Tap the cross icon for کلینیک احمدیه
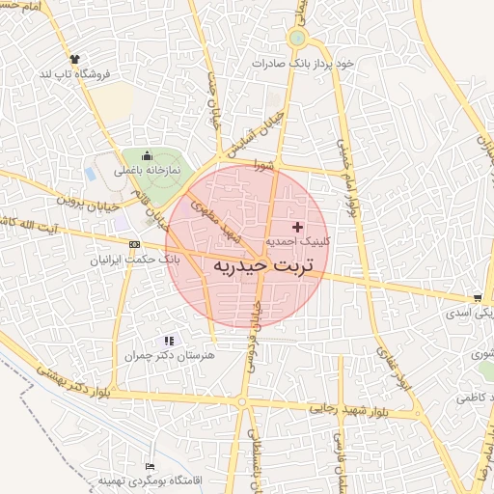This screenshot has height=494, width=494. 296,226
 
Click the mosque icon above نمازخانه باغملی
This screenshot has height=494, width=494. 147,156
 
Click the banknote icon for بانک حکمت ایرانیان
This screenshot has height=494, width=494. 133,245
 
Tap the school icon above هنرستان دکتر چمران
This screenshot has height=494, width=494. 170,341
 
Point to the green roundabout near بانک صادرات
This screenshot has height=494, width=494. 297,39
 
